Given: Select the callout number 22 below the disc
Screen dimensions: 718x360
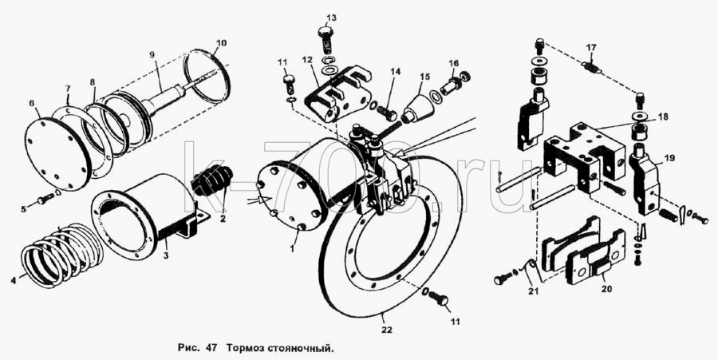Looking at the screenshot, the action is [x=388, y=330].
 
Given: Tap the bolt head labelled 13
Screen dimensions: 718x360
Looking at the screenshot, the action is [x=325, y=34].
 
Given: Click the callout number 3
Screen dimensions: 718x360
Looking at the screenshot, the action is [x=166, y=255].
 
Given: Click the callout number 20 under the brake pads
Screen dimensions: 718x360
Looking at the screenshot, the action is [x=606, y=290].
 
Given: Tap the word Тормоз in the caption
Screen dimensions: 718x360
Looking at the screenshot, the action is [x=241, y=349].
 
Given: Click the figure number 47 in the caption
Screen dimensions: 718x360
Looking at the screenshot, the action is [x=211, y=348].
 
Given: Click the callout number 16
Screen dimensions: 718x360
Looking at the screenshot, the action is [x=453, y=63].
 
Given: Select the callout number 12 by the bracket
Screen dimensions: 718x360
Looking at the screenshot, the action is [x=307, y=60].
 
